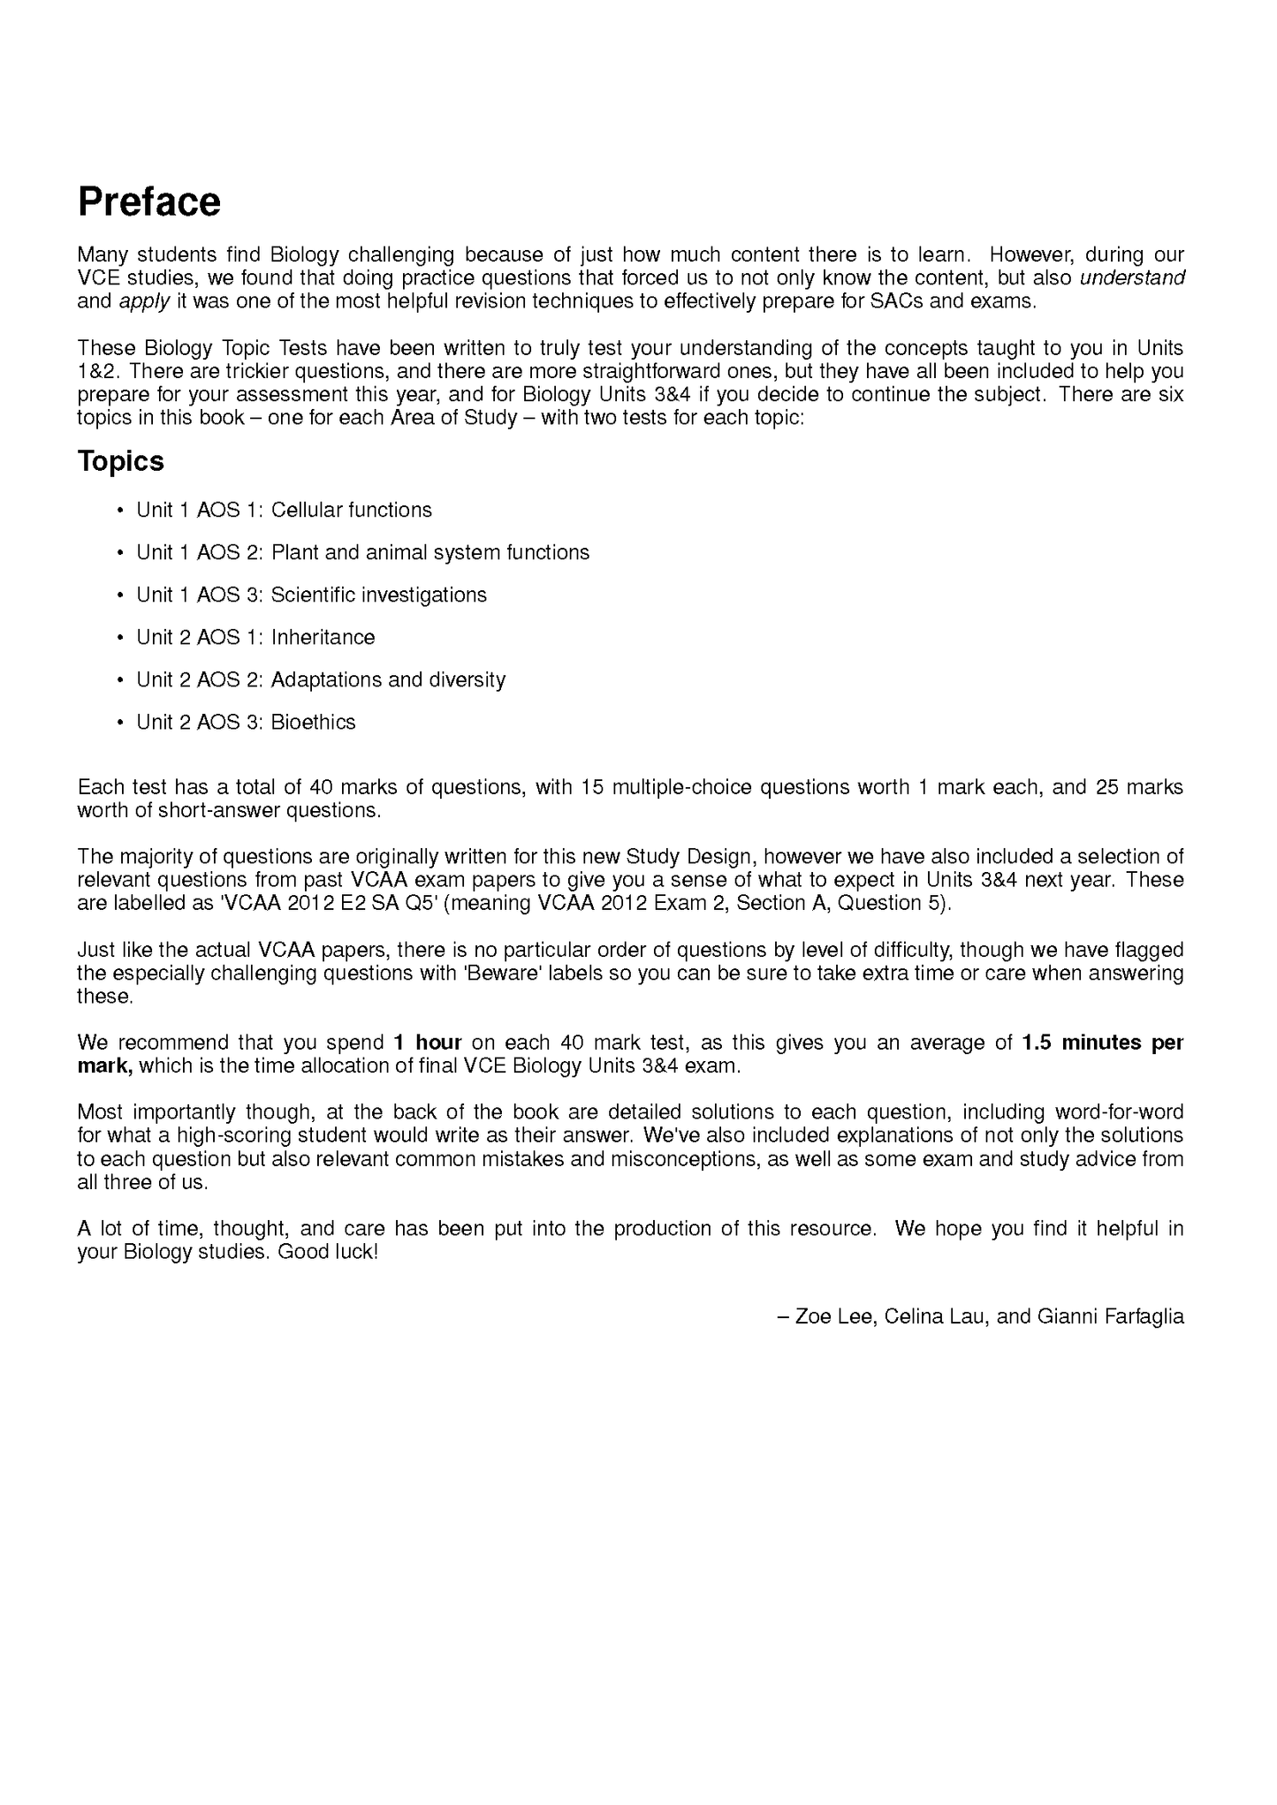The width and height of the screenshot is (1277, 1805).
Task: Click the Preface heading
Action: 148,201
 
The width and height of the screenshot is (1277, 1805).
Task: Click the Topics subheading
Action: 120,461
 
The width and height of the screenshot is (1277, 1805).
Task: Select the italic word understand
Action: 1132,278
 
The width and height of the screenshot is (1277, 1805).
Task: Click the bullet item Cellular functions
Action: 351,510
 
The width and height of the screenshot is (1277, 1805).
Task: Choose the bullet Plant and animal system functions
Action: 429,552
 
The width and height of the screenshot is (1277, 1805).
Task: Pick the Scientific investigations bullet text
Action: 378,595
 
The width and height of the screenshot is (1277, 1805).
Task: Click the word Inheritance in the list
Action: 323,637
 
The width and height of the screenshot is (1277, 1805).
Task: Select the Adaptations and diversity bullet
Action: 388,679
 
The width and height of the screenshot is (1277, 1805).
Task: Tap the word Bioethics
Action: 313,722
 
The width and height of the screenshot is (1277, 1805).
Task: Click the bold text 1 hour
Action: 428,1043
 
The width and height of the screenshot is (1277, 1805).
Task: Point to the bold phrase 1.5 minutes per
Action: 1102,1043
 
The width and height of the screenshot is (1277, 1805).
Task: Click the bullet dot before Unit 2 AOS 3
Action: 119,723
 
